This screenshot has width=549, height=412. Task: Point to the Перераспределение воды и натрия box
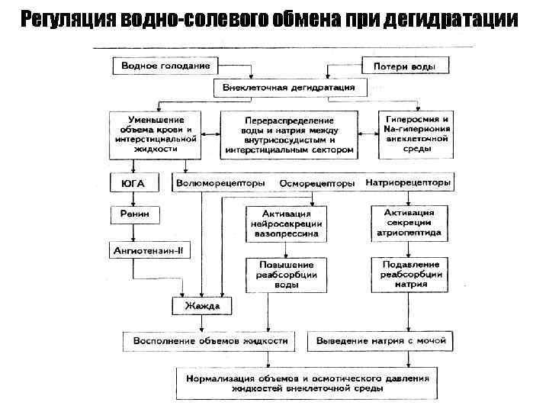[289, 136]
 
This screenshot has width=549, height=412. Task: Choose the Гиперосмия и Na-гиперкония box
[419, 134]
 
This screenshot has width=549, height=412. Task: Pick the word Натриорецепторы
[409, 184]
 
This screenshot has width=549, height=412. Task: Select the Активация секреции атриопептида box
[409, 223]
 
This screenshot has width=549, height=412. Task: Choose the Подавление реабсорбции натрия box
[409, 274]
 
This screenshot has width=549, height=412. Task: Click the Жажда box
[201, 307]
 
